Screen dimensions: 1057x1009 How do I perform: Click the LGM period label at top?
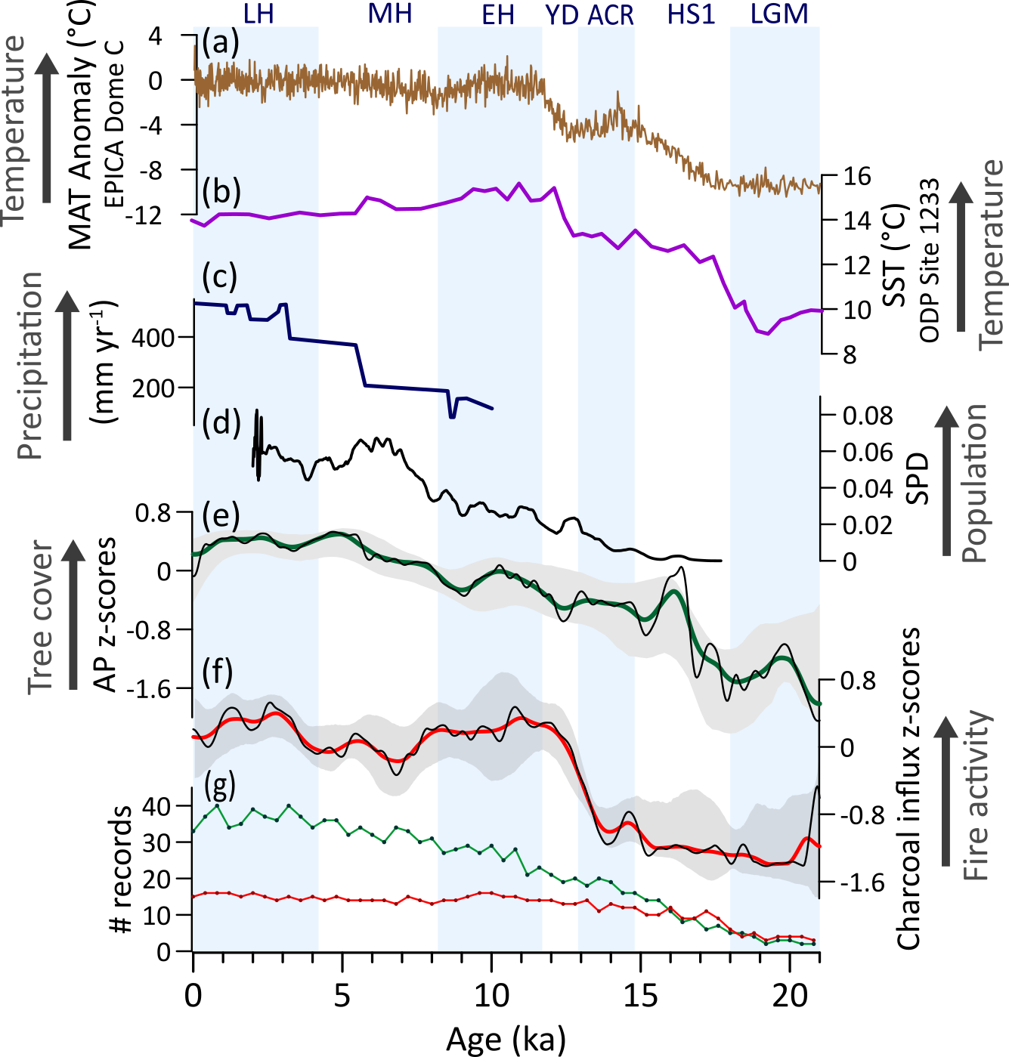click(x=779, y=14)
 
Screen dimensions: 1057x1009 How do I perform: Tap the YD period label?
click(x=562, y=14)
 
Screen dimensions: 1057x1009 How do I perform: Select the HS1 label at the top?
click(x=691, y=14)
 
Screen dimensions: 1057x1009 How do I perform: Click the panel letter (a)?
click(x=221, y=43)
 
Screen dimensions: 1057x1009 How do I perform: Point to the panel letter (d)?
click(x=221, y=422)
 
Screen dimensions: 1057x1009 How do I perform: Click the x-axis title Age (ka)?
click(x=506, y=1039)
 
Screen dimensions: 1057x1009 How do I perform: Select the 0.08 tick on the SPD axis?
click(x=868, y=416)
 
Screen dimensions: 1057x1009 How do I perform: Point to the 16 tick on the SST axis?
click(x=857, y=177)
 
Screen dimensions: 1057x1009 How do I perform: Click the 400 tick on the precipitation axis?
click(x=153, y=338)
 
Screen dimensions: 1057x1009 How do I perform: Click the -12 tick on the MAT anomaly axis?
click(x=144, y=217)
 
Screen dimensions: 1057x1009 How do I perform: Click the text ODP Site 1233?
click(x=929, y=260)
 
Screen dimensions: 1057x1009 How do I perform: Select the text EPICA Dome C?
click(x=113, y=123)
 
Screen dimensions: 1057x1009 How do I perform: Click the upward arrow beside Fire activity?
click(x=945, y=790)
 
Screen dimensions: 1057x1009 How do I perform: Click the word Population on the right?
click(x=975, y=483)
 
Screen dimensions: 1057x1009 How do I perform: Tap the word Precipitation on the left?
click(x=29, y=366)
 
